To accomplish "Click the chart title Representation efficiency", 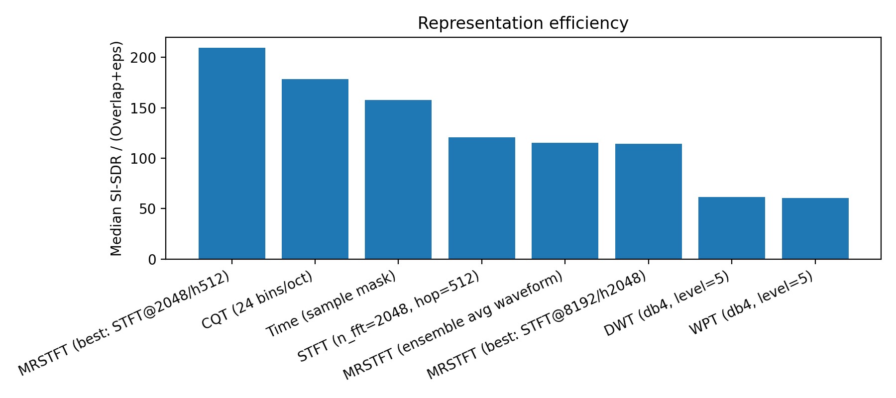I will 523,23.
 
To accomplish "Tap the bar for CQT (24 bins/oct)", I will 315,169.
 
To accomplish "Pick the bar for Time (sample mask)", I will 398,180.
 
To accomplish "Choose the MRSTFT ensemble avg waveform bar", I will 565,201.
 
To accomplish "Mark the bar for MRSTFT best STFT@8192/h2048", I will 648,201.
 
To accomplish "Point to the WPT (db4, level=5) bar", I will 815,228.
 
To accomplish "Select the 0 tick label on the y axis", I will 152,260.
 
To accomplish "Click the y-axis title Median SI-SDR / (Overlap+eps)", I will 116,148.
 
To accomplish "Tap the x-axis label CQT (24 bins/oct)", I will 258,300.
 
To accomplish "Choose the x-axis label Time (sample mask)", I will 332,304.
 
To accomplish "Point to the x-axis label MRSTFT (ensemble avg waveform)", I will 453,325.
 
